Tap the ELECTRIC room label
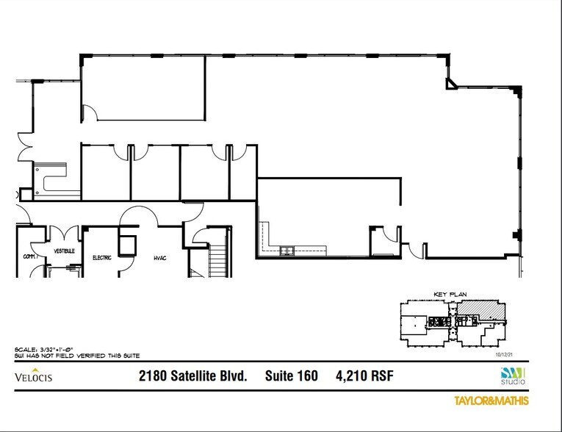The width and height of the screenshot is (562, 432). pyautogui.click(x=101, y=258)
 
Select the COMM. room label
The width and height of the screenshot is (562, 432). pyautogui.click(x=30, y=256)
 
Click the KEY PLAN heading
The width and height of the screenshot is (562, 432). pyautogui.click(x=450, y=294)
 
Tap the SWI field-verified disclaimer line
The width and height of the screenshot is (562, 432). pyautogui.click(x=77, y=355)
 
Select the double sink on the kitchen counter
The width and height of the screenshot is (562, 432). pyautogui.click(x=286, y=251)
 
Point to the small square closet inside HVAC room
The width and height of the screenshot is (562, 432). pyautogui.click(x=127, y=244)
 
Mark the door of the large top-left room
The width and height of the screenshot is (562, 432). pyautogui.click(x=89, y=112)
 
